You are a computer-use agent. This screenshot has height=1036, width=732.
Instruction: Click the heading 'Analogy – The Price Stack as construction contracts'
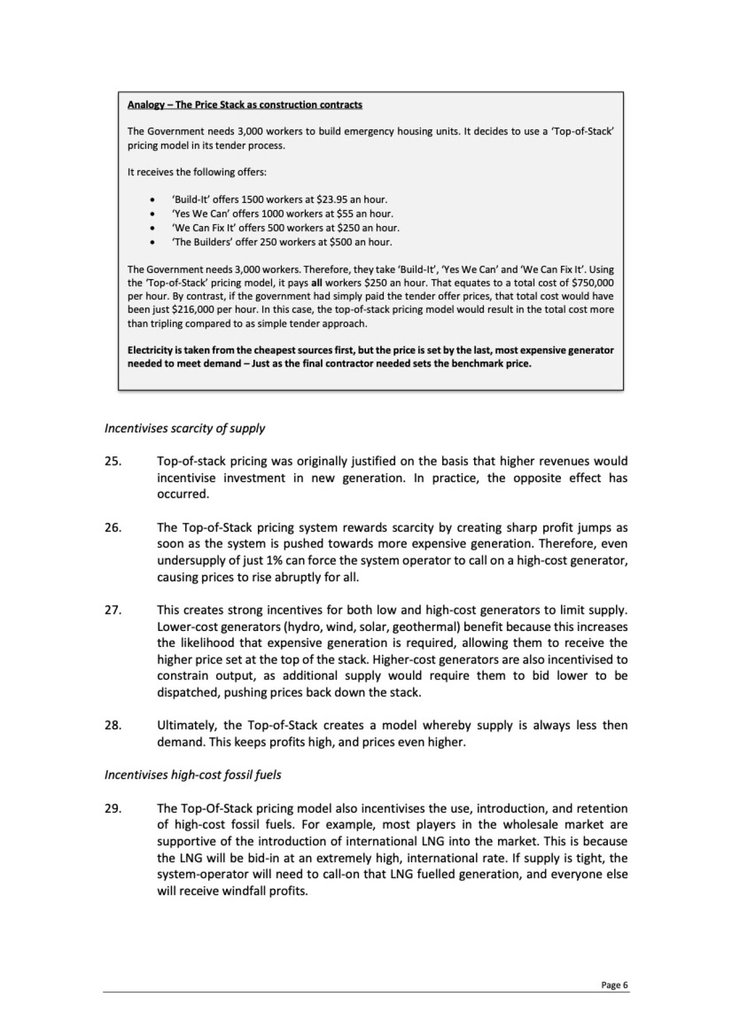[x=245, y=105]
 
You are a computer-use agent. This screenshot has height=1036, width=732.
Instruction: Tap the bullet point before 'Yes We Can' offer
[x=152, y=214]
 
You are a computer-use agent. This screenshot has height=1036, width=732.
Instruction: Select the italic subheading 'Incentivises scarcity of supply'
[x=185, y=428]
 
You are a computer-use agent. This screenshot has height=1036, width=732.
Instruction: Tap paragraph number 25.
[x=113, y=461]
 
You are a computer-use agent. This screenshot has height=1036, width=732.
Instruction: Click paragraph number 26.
[x=113, y=527]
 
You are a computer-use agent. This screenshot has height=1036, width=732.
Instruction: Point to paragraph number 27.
[x=113, y=610]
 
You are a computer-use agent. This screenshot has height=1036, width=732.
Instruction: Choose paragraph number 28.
[x=113, y=725]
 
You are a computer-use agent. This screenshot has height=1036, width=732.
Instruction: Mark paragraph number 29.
[x=113, y=808]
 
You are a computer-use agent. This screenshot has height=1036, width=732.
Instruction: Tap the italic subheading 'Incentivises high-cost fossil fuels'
[x=193, y=775]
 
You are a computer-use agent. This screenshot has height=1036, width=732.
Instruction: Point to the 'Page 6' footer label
[x=614, y=985]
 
